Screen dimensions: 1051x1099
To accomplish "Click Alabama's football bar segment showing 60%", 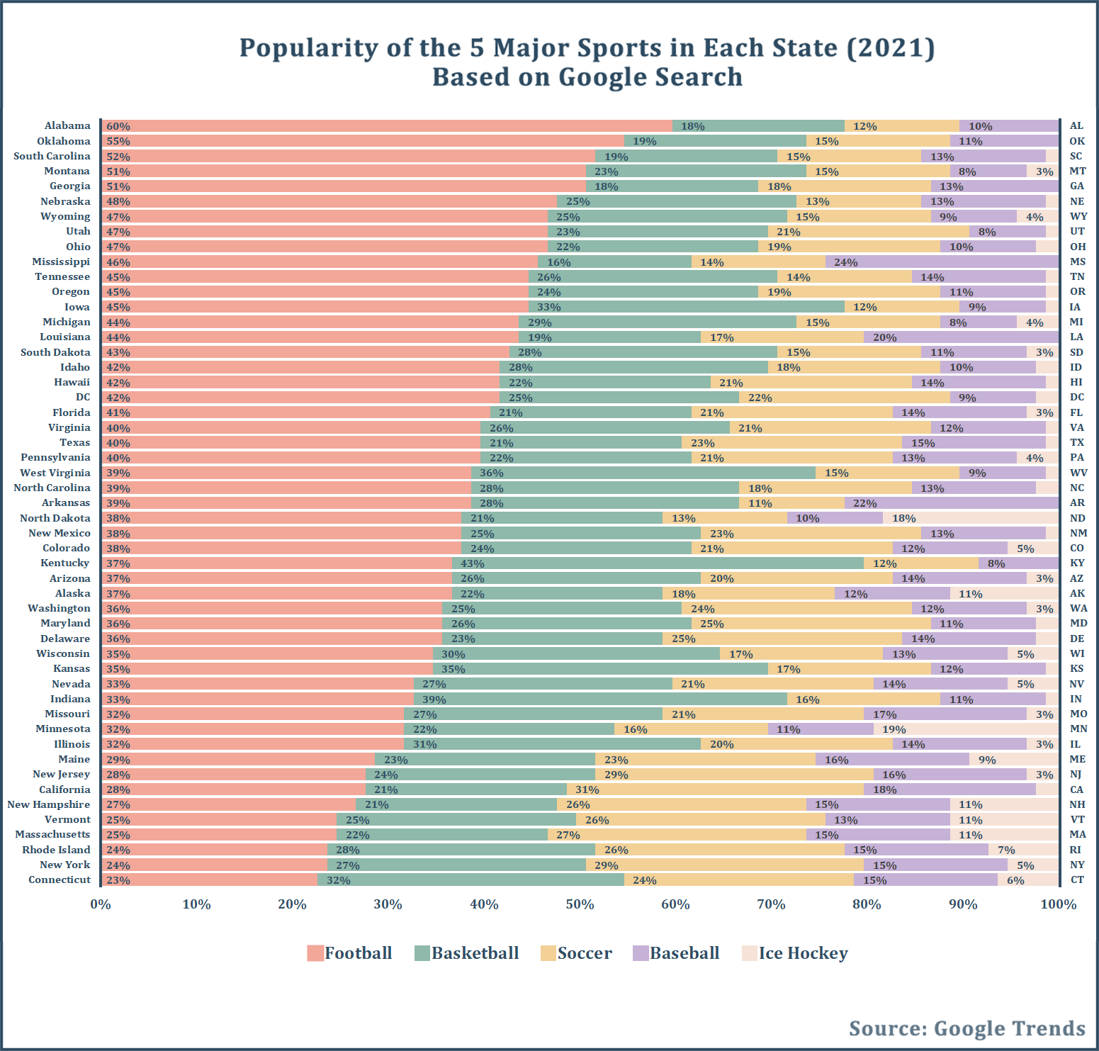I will [386, 126].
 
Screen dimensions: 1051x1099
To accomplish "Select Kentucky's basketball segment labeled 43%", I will [658, 563].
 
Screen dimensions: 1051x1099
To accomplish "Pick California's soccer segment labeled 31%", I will [715, 789].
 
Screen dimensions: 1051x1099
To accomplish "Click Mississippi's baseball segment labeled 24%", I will [942, 262].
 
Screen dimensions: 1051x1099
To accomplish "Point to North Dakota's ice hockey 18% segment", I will [971, 518].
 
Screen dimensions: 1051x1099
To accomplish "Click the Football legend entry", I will [349, 953].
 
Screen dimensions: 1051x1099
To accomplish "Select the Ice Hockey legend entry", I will [794, 953].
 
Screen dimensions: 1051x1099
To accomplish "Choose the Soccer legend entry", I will [576, 953].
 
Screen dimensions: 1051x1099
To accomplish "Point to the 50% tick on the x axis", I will [580, 904].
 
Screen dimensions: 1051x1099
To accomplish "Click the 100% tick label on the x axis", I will [1058, 904].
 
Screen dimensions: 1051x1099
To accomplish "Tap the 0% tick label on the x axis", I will [101, 904].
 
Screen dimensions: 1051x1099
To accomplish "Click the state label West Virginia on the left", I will [55, 473].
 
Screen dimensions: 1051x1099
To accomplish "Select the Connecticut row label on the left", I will [60, 879].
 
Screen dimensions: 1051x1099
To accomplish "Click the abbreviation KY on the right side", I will [1077, 563].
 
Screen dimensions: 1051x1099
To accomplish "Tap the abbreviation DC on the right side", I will [1077, 397].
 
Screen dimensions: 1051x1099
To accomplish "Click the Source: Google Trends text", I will [967, 1028].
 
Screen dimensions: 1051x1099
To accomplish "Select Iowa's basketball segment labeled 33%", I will [686, 307].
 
